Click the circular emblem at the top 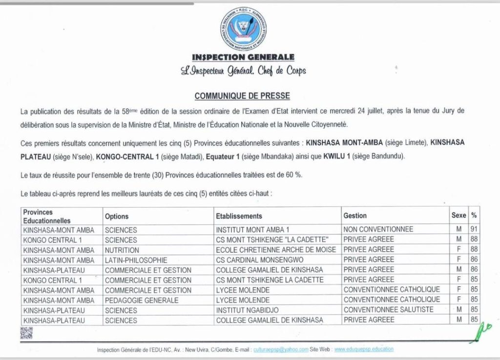pyautogui.click(x=243, y=29)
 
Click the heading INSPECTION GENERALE pyautogui.click(x=243, y=58)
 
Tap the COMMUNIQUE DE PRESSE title pyautogui.click(x=242, y=96)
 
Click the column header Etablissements pyautogui.click(x=239, y=216)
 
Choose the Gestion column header pyautogui.click(x=355, y=216)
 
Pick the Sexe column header pyautogui.click(x=458, y=215)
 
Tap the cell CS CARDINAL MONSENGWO pyautogui.click(x=259, y=260)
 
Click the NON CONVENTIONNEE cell pyautogui.click(x=378, y=229)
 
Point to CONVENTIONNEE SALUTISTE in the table pyautogui.click(x=388, y=310)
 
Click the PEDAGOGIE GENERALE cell pyautogui.click(x=141, y=300)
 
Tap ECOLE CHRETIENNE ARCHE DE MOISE pyautogui.click(x=276, y=250)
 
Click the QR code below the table pyautogui.click(x=26, y=333)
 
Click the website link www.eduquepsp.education pyautogui.click(x=364, y=349)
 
